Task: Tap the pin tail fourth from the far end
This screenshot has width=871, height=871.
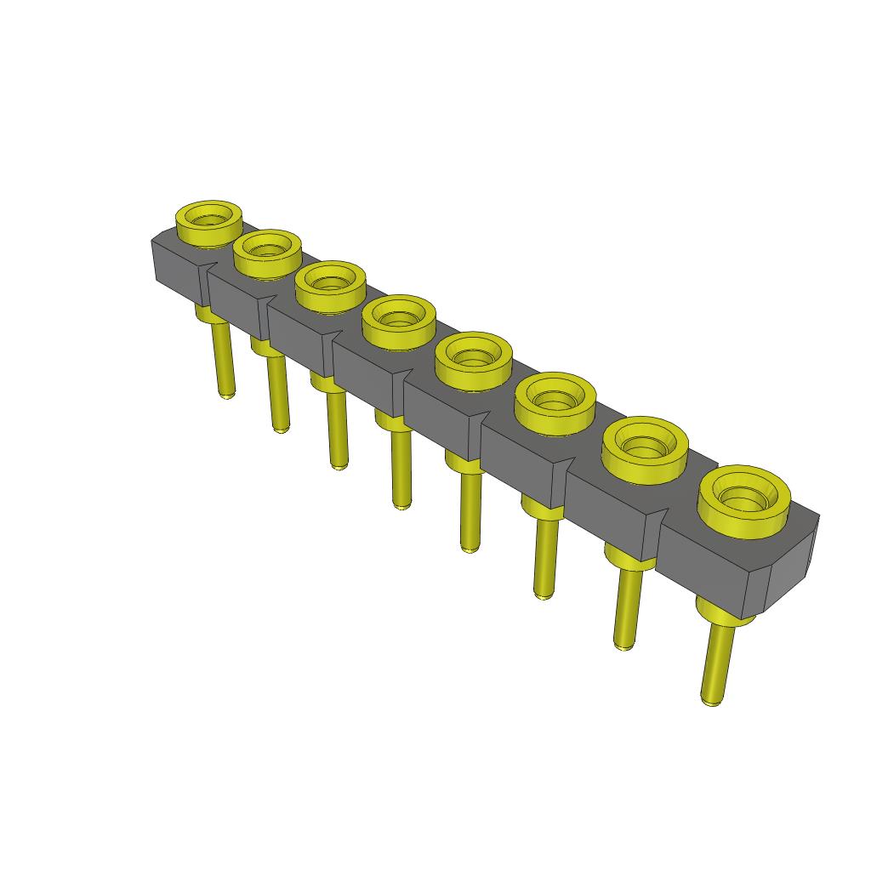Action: pyautogui.click(x=400, y=468)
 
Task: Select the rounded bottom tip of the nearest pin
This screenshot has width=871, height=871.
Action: pyautogui.click(x=711, y=703)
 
